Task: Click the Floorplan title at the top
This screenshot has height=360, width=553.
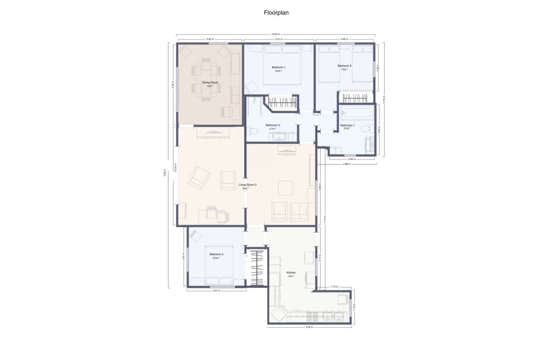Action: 276,13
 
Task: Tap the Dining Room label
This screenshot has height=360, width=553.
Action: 210,82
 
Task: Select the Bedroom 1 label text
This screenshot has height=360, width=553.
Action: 278,67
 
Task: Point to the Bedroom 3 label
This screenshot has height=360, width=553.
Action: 344,66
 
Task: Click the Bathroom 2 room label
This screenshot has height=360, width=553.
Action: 273,125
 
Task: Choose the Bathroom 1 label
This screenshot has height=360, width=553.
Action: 347,126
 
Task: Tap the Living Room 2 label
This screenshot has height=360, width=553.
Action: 247,185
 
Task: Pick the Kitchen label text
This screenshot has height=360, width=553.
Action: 291,273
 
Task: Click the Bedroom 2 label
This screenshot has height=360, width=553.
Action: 216,254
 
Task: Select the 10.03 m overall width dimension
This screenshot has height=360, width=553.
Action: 275,34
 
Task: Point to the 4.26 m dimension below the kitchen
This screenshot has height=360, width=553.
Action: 310,327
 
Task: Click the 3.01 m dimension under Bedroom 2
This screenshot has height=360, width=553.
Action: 216,291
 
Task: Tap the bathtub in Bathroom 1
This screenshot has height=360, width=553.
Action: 356,114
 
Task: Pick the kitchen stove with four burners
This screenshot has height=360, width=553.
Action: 313,317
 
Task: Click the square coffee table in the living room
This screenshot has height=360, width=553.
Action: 286,188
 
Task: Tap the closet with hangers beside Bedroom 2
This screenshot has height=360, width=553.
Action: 256,268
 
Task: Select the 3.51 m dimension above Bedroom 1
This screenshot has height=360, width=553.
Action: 279,39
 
